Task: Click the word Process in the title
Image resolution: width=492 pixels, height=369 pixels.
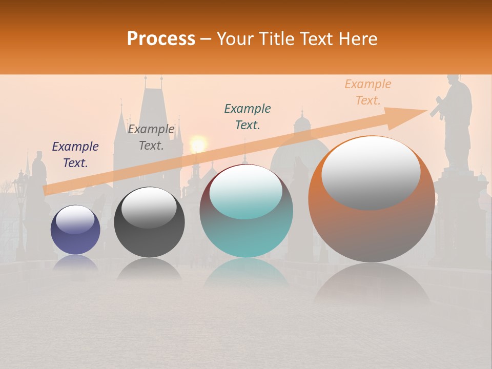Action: point(161,39)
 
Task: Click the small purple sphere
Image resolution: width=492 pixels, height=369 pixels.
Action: point(75,230)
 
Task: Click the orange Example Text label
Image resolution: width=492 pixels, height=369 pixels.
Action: point(367,92)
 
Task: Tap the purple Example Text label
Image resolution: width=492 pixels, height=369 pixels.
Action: point(75,154)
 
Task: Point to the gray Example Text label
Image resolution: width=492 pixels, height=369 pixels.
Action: point(151,137)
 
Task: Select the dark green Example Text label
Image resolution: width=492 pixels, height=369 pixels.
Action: point(248,116)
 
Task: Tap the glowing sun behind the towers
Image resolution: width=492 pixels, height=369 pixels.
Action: point(198,143)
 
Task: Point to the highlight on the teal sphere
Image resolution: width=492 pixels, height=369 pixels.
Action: point(245,191)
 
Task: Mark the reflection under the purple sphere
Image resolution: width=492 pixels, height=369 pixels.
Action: point(75,263)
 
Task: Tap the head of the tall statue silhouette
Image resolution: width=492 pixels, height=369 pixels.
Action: point(453,81)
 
